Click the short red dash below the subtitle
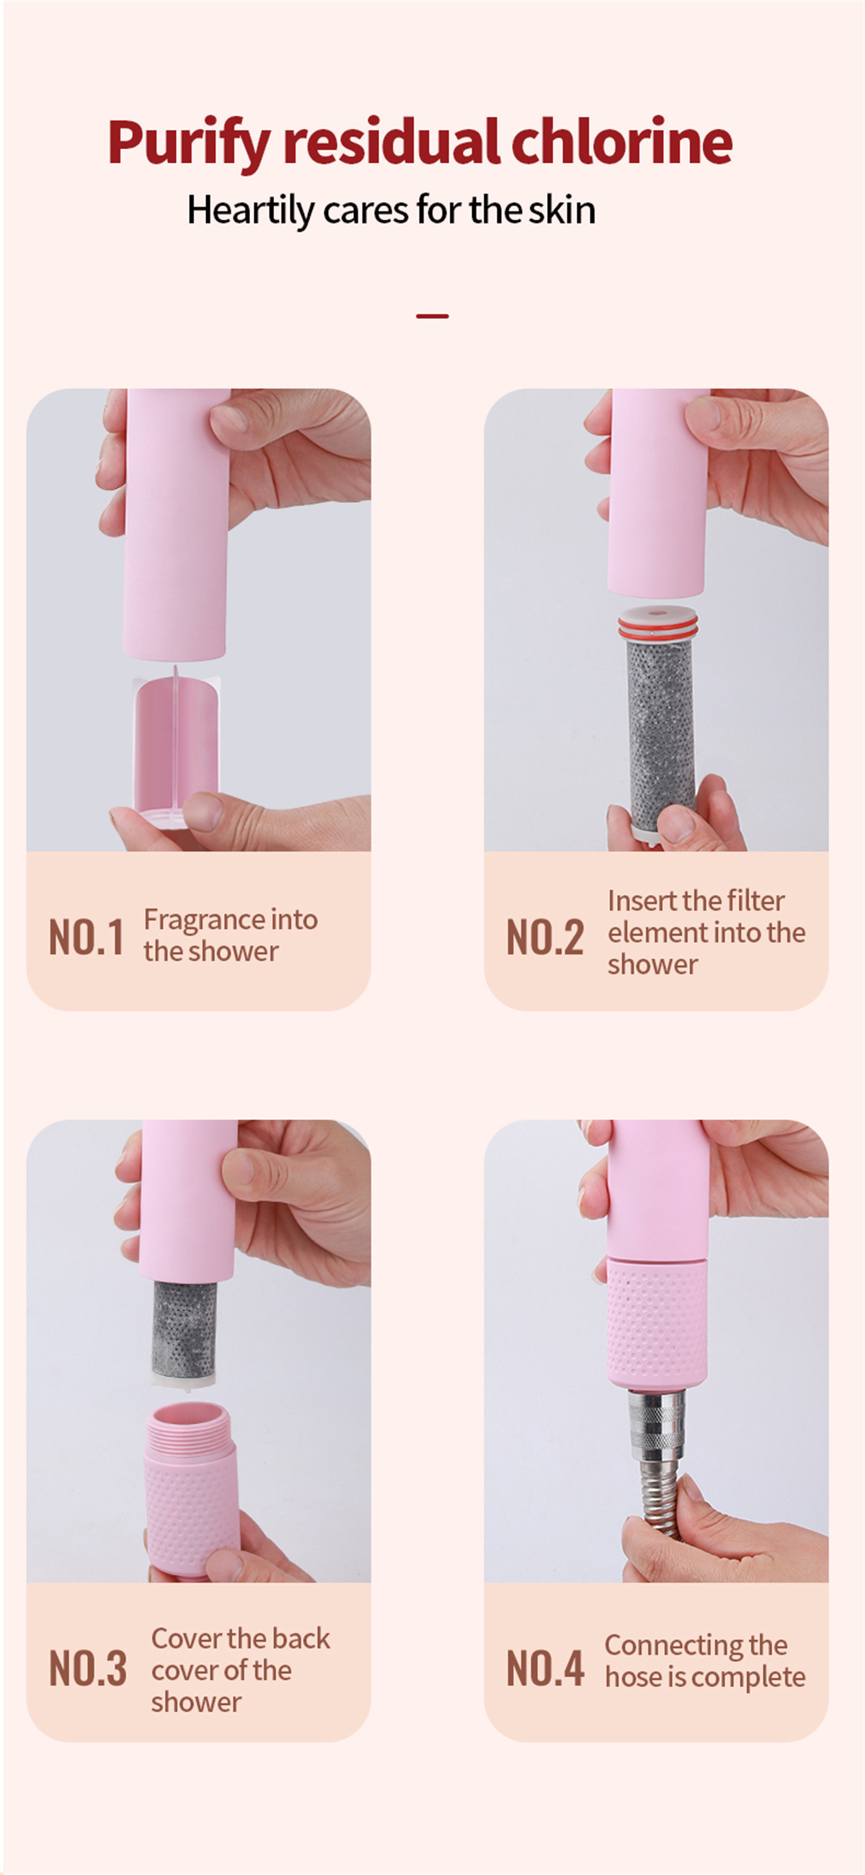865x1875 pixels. (432, 316)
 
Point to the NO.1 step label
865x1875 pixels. (86, 937)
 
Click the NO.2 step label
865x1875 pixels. (545, 937)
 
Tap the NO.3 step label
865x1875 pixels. (87, 1667)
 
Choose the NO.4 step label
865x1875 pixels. (545, 1667)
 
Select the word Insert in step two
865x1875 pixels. (643, 901)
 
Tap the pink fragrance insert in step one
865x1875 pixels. (176, 746)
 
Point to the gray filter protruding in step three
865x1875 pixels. (184, 1329)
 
